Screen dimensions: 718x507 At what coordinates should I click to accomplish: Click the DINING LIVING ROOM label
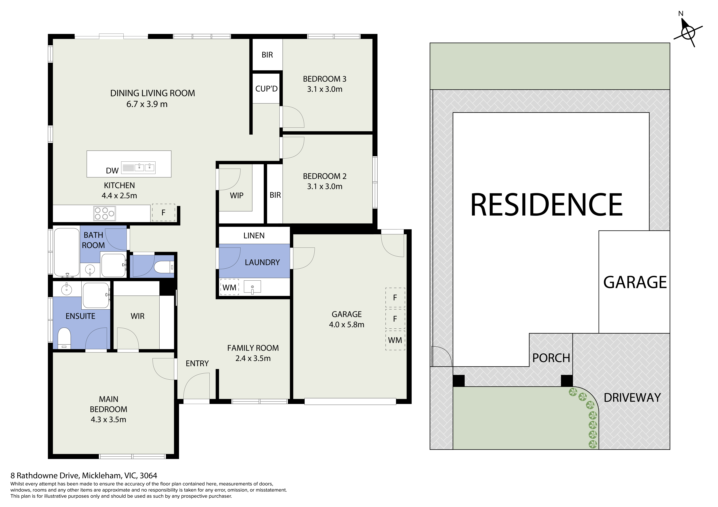[153, 93]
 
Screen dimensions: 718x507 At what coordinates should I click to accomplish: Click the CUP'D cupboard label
[266, 89]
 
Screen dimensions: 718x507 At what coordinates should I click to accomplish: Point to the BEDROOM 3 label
[325, 79]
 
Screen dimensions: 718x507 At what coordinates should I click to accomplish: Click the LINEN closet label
[254, 236]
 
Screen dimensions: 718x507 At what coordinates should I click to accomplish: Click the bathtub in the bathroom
[67, 252]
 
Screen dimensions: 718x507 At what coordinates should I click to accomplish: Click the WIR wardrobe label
[138, 316]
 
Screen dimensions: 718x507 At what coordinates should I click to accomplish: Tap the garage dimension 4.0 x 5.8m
[347, 325]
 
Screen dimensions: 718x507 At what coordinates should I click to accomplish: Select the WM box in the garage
[395, 340]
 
